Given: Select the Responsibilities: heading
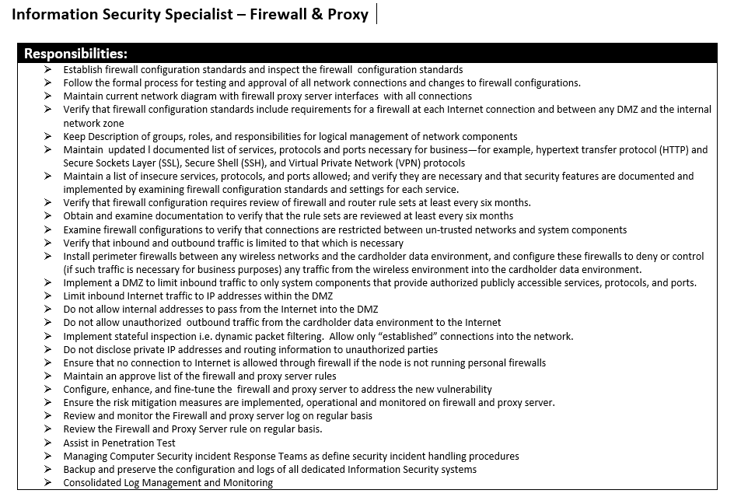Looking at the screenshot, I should (75, 54).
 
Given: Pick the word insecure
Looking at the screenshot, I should (177, 177).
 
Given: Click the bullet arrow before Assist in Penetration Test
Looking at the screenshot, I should (49, 443).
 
